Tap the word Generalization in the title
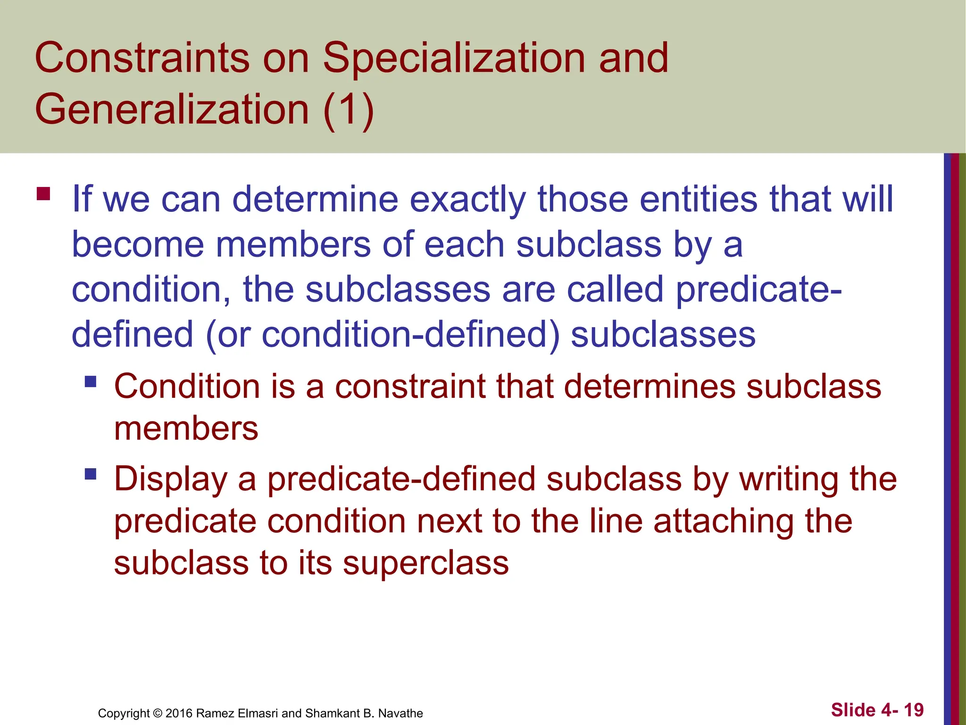[x=172, y=110]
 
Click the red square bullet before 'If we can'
[x=43, y=194]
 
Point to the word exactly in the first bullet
[x=467, y=200]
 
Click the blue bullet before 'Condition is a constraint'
[x=91, y=381]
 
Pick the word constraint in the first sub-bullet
[x=410, y=387]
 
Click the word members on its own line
[x=186, y=429]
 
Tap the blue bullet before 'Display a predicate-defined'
[x=91, y=473]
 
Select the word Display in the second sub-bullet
[x=171, y=480]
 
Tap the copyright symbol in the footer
[x=158, y=713]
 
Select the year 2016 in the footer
[x=179, y=713]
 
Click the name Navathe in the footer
[x=400, y=713]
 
